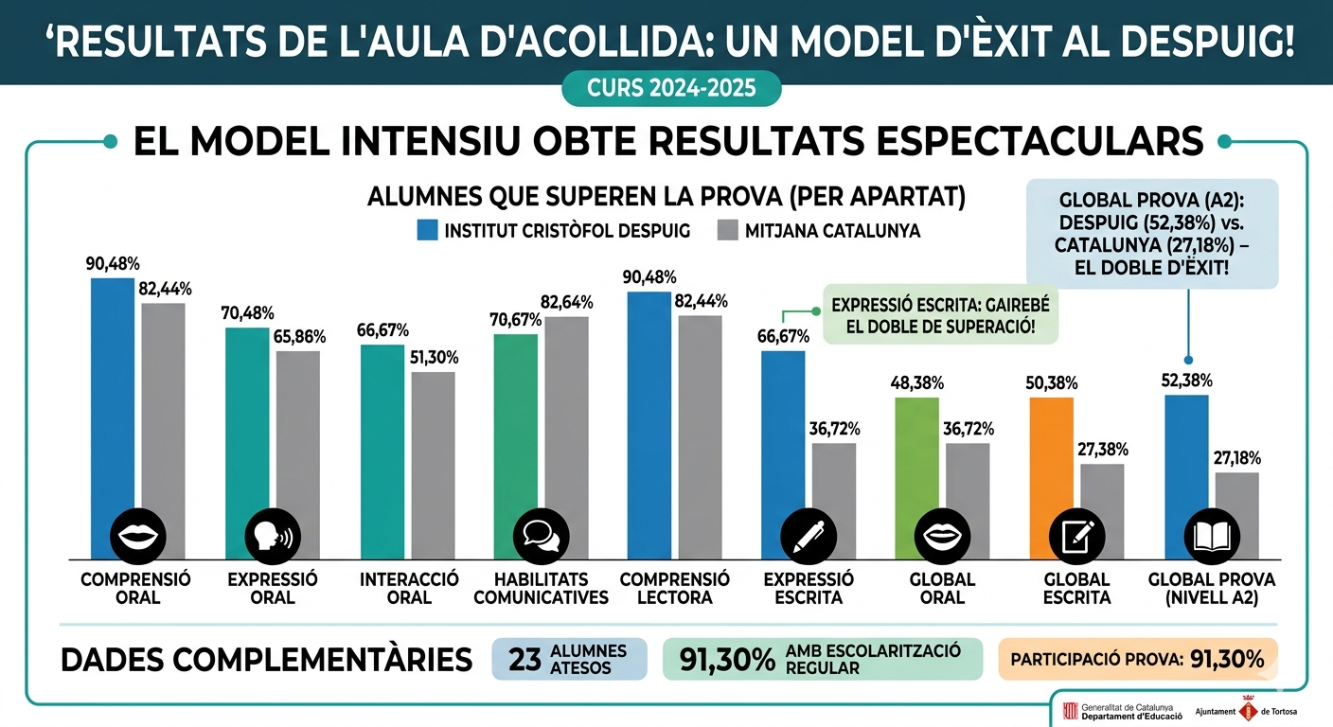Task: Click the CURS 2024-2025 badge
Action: pos(671,89)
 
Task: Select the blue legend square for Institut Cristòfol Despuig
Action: pos(427,230)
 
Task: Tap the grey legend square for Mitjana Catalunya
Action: pos(727,230)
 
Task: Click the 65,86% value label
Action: pos(298,337)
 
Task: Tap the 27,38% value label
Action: pos(1103,450)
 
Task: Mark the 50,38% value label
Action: pos(1051,383)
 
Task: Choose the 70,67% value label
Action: pos(515,320)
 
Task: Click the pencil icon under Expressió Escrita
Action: pos(809,537)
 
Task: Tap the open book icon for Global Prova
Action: pos(1210,537)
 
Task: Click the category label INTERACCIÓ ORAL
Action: pos(409,588)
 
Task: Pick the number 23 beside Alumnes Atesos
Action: pos(524,660)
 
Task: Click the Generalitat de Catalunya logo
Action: pos(1071,711)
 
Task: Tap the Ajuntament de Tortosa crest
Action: pos(1248,711)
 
